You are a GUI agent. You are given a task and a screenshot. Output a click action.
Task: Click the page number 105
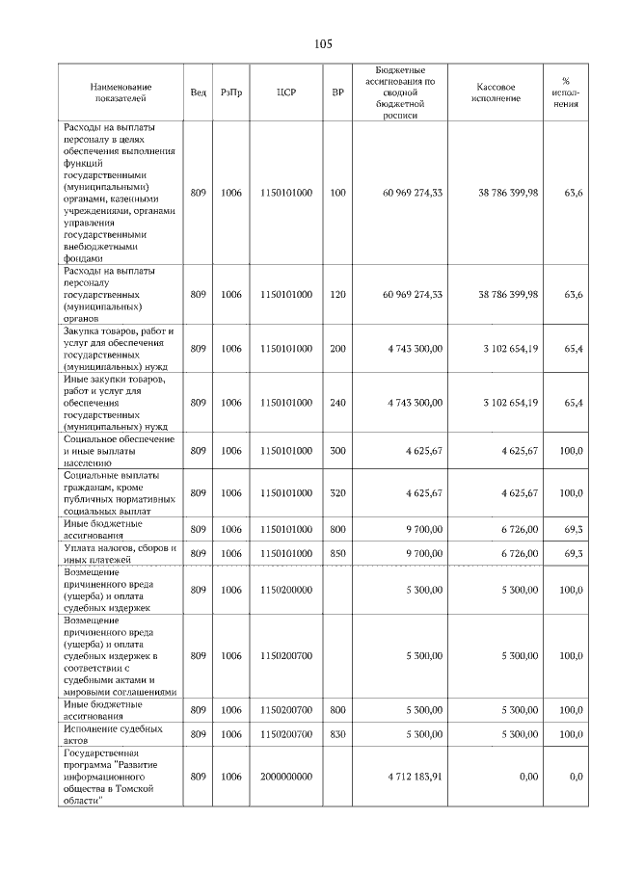pyautogui.click(x=322, y=44)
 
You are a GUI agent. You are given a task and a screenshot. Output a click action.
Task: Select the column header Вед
pyautogui.click(x=198, y=92)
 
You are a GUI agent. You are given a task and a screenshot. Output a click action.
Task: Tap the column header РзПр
pyautogui.click(x=231, y=92)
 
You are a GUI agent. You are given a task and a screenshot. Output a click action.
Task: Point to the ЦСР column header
pyautogui.click(x=286, y=92)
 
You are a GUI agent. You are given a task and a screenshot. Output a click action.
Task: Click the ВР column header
pyautogui.click(x=337, y=92)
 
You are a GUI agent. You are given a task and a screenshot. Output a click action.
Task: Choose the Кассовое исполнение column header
pyautogui.click(x=496, y=92)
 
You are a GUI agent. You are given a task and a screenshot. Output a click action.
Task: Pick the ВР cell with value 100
pyautogui.click(x=337, y=193)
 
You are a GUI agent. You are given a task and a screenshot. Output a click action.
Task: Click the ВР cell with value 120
pyautogui.click(x=337, y=294)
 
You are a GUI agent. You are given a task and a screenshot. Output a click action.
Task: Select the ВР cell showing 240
pyautogui.click(x=337, y=402)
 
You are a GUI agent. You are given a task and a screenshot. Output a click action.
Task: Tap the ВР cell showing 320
pyautogui.click(x=337, y=492)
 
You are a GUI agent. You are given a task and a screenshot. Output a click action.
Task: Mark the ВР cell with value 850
pyautogui.click(x=337, y=554)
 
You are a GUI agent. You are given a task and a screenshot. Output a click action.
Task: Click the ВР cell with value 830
pyautogui.click(x=337, y=733)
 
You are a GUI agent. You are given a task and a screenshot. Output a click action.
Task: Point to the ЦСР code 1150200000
pyautogui.click(x=286, y=589)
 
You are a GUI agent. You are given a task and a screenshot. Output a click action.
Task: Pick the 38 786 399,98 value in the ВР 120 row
pyautogui.click(x=508, y=294)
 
